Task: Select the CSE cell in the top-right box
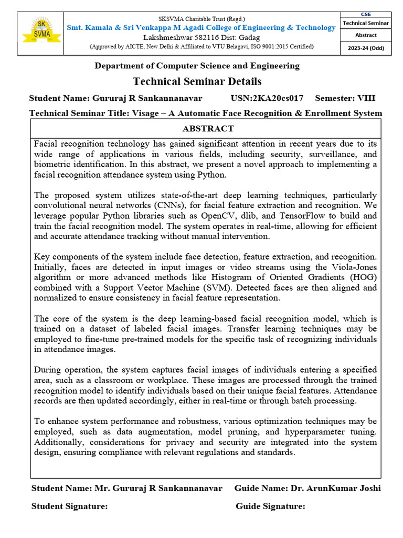coord(366,15)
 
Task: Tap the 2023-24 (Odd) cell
coord(366,47)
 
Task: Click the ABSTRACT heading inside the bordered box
coord(208,129)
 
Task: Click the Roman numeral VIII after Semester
coord(366,98)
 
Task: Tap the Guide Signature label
coord(270,506)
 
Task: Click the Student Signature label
coord(70,506)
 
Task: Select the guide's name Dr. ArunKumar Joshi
coord(335,488)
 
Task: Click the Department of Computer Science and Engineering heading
coord(197,66)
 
